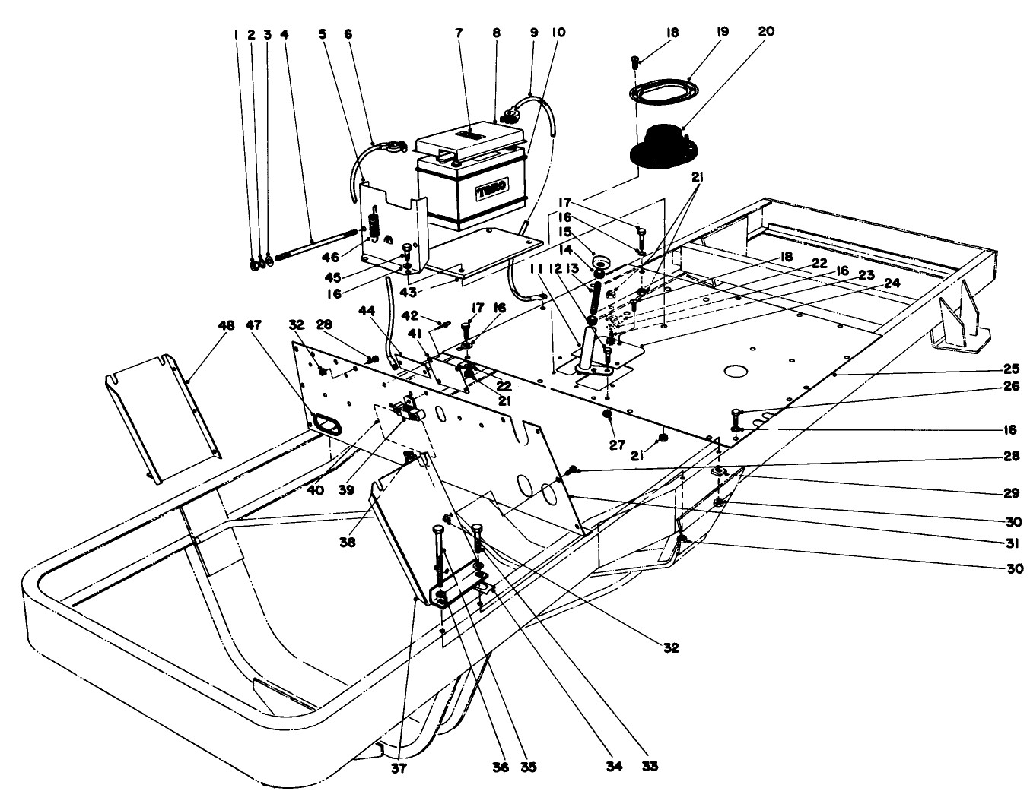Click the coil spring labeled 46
point(374,226)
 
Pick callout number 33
point(651,767)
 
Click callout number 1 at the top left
point(237,34)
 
